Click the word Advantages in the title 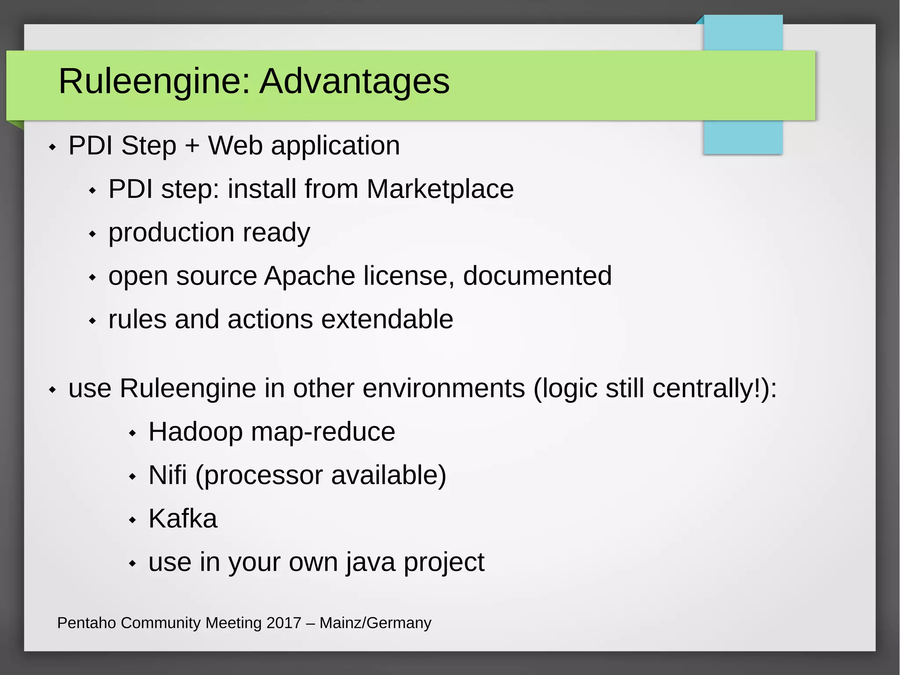(x=354, y=81)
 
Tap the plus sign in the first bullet (x=192, y=146)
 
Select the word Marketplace (x=440, y=189)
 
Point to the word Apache (x=309, y=276)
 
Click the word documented (x=537, y=276)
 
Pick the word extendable (x=387, y=319)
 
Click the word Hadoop (x=196, y=432)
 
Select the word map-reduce (x=323, y=432)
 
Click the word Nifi (x=167, y=475)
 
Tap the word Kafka (x=183, y=519)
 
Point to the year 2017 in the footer (x=284, y=623)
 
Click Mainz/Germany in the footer (x=375, y=623)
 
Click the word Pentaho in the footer (x=87, y=623)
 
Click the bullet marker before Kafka (x=132, y=520)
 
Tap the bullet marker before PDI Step (x=52, y=147)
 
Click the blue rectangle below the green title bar (x=743, y=137)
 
